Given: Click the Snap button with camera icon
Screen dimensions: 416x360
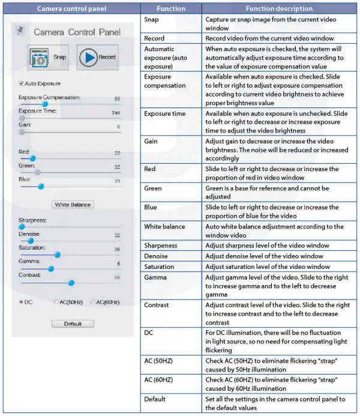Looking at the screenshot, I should point(48,58).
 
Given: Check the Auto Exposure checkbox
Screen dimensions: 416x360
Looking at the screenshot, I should point(22,83).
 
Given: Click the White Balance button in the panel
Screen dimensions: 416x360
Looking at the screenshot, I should point(73,205).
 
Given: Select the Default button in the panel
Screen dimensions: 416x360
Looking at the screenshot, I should point(73,324).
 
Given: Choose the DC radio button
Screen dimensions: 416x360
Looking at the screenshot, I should point(22,302).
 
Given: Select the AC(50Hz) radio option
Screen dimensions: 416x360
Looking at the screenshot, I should point(56,302).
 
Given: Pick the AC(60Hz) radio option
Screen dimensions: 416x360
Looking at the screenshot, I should point(93,302).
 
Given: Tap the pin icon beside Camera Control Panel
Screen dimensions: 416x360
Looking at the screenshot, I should point(21,30).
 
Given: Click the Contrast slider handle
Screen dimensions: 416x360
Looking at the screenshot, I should point(71,283).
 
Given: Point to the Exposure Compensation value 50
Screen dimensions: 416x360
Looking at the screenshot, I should point(117,98).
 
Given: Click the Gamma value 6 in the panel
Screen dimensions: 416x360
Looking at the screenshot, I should point(118,264).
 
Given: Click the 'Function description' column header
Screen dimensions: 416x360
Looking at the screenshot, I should point(279,8).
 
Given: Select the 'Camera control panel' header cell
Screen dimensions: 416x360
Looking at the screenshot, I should point(72,8).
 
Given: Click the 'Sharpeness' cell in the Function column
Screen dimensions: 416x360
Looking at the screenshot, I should point(160,246).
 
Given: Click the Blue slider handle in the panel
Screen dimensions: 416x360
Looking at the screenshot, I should point(41,186).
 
